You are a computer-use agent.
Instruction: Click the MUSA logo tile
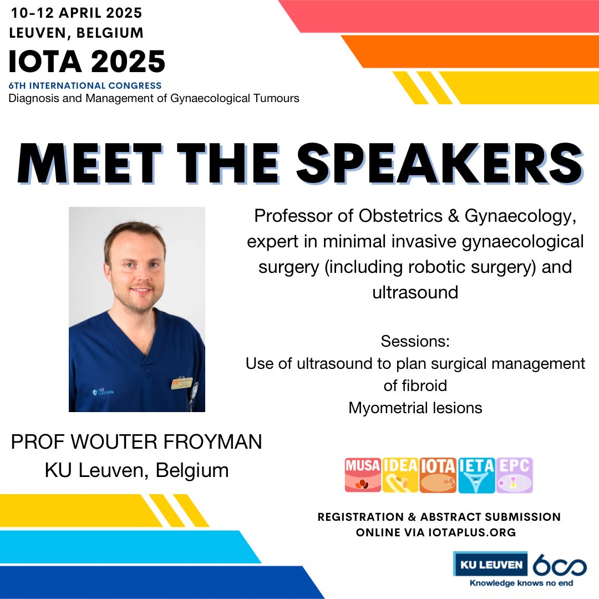(x=363, y=475)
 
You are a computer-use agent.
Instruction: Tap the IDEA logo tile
(x=400, y=475)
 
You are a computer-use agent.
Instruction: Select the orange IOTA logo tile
(x=438, y=475)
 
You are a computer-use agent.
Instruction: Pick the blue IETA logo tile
(x=476, y=475)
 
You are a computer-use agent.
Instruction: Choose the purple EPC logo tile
(x=514, y=475)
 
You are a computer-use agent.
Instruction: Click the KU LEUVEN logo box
(x=490, y=565)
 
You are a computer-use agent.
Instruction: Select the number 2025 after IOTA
(x=128, y=62)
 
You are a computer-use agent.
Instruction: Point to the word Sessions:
(x=415, y=341)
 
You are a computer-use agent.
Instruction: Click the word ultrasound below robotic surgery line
(x=415, y=292)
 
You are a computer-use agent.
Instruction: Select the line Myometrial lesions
(x=415, y=408)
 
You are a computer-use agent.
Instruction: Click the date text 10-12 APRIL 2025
(x=77, y=12)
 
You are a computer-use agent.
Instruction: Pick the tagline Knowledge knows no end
(x=521, y=583)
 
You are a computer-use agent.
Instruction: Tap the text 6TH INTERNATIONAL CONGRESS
(x=85, y=86)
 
